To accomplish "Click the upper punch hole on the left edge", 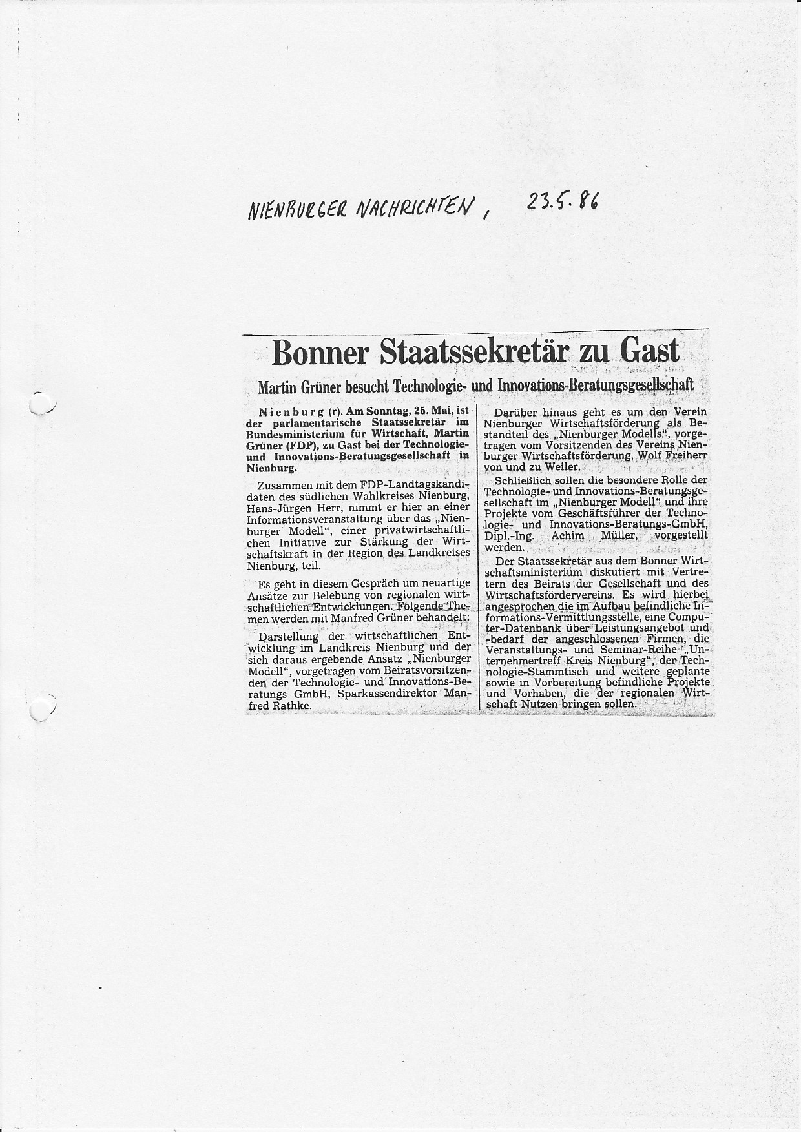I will click(x=40, y=403).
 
